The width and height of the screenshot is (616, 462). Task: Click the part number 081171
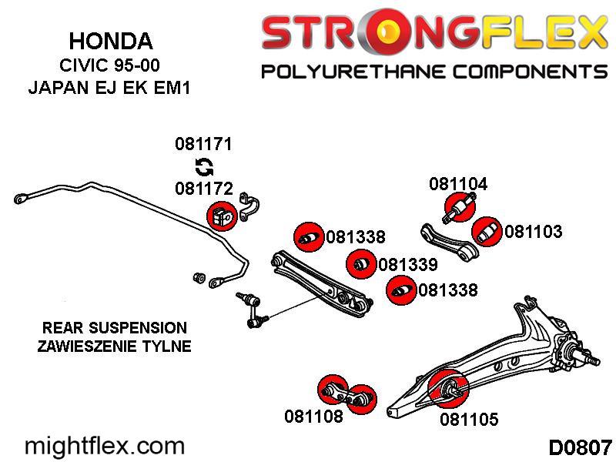pyautogui.click(x=203, y=144)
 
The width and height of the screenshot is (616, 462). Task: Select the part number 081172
pyautogui.click(x=204, y=189)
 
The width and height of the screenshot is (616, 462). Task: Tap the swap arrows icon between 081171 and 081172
pyautogui.click(x=204, y=166)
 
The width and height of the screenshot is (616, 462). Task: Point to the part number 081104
pyautogui.click(x=458, y=184)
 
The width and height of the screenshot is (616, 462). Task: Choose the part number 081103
pyautogui.click(x=533, y=232)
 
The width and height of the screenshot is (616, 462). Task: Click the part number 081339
pyautogui.click(x=408, y=264)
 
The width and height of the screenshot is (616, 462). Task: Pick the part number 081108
pyautogui.click(x=313, y=416)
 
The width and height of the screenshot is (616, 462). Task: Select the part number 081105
pyautogui.click(x=469, y=419)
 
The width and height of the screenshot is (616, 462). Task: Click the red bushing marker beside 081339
pyautogui.click(x=361, y=263)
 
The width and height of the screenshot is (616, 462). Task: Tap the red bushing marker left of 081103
pyautogui.click(x=487, y=232)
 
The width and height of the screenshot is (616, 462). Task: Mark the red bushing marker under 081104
pyautogui.click(x=460, y=206)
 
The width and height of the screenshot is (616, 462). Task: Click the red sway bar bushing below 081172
pyautogui.click(x=222, y=216)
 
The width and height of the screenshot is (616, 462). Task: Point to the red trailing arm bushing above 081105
pyautogui.click(x=448, y=389)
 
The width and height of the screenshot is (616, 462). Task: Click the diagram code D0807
pyautogui.click(x=580, y=447)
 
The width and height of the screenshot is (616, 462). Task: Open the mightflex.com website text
pyautogui.click(x=105, y=447)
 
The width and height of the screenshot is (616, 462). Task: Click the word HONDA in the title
pyautogui.click(x=111, y=41)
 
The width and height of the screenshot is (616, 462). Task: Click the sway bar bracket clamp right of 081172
pyautogui.click(x=249, y=206)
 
